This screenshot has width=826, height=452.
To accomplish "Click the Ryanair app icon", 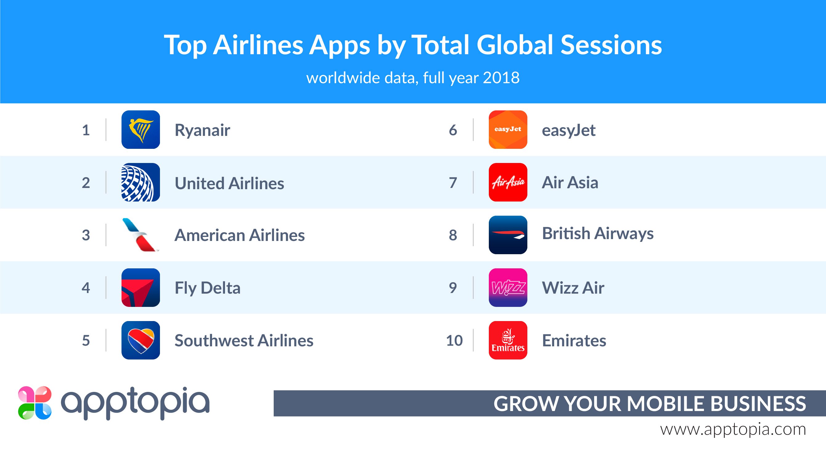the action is [x=141, y=129].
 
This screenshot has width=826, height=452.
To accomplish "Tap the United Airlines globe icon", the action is [x=141, y=182].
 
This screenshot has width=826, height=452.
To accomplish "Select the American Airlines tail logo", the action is [x=141, y=235].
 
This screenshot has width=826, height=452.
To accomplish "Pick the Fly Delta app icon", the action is [x=141, y=287].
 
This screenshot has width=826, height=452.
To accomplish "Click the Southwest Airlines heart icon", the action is [x=141, y=340].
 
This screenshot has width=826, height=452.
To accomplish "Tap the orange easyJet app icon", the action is [x=508, y=129].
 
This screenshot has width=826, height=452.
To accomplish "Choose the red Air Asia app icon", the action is [x=508, y=182].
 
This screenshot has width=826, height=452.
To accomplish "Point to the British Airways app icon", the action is [x=508, y=235].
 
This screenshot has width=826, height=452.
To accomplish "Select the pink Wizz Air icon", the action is [x=508, y=287].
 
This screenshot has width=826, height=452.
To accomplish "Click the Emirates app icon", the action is [x=508, y=340].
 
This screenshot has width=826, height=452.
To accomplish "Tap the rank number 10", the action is [x=454, y=340].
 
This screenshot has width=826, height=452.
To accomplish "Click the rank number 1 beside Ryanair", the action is [x=86, y=130].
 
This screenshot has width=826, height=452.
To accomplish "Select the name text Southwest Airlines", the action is [x=244, y=340].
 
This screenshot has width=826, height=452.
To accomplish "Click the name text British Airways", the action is [x=598, y=234].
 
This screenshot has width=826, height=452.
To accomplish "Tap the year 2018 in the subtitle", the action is [x=501, y=78].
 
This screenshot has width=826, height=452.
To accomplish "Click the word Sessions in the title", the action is [x=611, y=45].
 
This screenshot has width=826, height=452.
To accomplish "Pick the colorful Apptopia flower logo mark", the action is [x=35, y=403].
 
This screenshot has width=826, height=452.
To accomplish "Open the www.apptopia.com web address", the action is [x=733, y=430].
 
